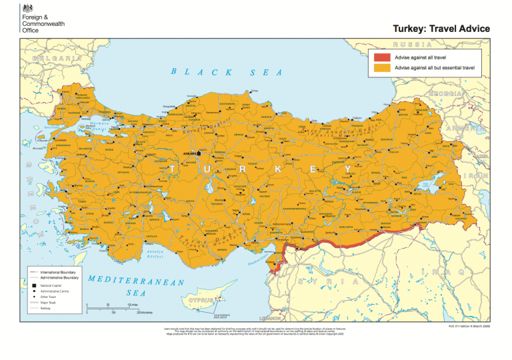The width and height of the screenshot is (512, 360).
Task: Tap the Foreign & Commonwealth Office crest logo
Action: click(27, 8)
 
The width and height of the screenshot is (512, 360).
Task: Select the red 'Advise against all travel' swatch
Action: click(382, 58)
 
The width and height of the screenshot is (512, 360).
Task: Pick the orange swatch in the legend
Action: click(382, 68)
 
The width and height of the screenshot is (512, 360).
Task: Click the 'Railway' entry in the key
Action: click(47, 309)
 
